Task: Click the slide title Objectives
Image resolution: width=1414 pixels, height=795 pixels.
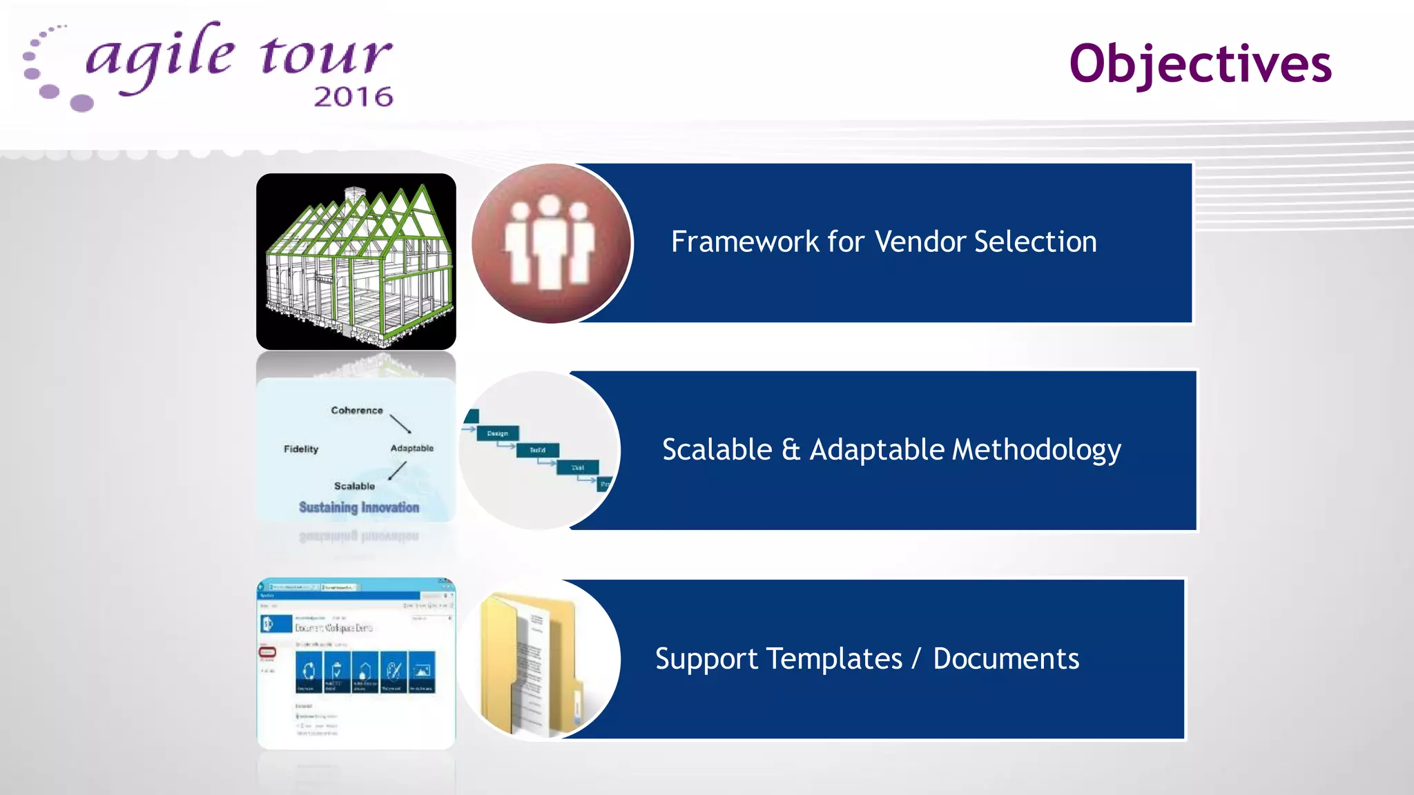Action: pos(1200,64)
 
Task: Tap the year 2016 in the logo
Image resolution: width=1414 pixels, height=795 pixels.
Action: pos(353,97)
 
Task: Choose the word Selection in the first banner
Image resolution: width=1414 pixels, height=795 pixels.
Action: pos(1035,242)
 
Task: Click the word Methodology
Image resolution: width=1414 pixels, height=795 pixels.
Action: pos(1036,451)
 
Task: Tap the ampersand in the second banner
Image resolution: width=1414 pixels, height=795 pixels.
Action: pos(791,450)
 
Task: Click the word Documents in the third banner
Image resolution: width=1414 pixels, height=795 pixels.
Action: pos(1006,659)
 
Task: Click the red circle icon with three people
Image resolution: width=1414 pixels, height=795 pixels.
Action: pos(550,244)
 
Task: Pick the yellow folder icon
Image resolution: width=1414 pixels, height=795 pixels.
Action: pos(531,660)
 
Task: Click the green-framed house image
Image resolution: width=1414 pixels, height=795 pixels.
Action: pos(356,262)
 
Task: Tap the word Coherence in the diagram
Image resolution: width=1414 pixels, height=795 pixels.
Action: pos(356,411)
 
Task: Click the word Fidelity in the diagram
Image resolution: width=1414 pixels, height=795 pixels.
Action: pos(301,449)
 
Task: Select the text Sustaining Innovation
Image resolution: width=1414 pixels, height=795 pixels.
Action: pos(359,508)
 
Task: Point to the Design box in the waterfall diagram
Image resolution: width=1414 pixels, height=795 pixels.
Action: pos(497,433)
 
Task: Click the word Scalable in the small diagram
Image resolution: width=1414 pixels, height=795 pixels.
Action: pos(354,487)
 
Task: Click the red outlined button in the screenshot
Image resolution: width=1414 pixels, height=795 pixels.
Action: pos(267,652)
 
